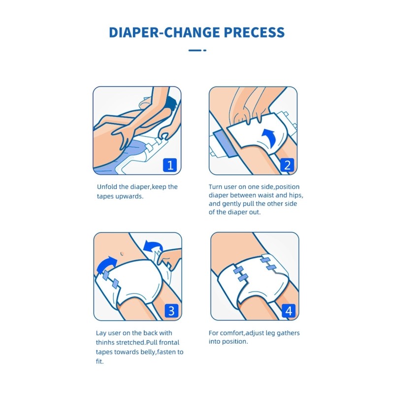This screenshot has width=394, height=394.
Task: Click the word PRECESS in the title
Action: pyautogui.click(x=254, y=33)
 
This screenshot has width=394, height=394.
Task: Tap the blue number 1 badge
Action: pyautogui.click(x=170, y=165)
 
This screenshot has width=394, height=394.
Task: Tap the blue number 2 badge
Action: pyautogui.click(x=287, y=165)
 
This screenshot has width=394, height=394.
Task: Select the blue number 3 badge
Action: pyautogui.click(x=171, y=311)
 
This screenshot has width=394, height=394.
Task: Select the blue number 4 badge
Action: pyautogui.click(x=289, y=311)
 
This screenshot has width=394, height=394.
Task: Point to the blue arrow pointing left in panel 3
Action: pyautogui.click(x=153, y=246)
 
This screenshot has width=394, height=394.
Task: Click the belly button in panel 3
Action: pyautogui.click(x=122, y=253)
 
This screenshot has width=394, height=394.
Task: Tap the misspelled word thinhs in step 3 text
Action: pyautogui.click(x=105, y=342)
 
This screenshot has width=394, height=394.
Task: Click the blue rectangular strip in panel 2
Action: pyautogui.click(x=224, y=143)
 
